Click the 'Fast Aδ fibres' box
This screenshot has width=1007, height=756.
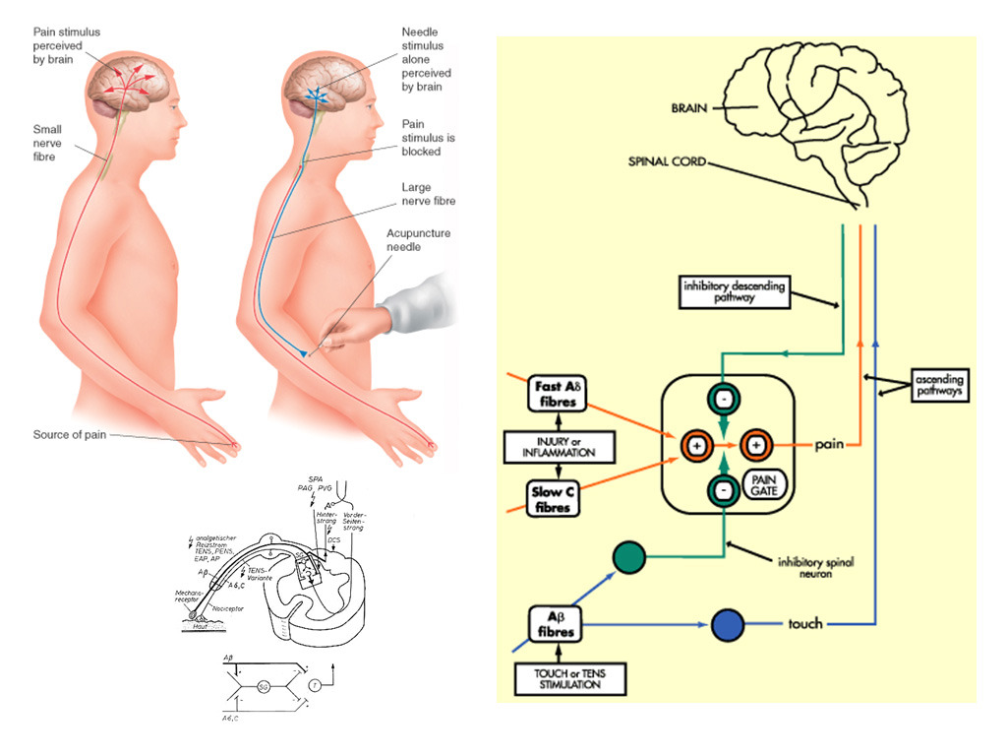pos(556,394)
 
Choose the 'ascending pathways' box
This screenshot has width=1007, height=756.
pos(938,386)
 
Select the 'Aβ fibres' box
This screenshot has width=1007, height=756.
pos(556,623)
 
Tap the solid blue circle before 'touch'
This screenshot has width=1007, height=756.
pos(729,625)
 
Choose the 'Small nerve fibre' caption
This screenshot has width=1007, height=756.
pos(47,142)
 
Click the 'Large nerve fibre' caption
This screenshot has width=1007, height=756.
pos(428,194)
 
